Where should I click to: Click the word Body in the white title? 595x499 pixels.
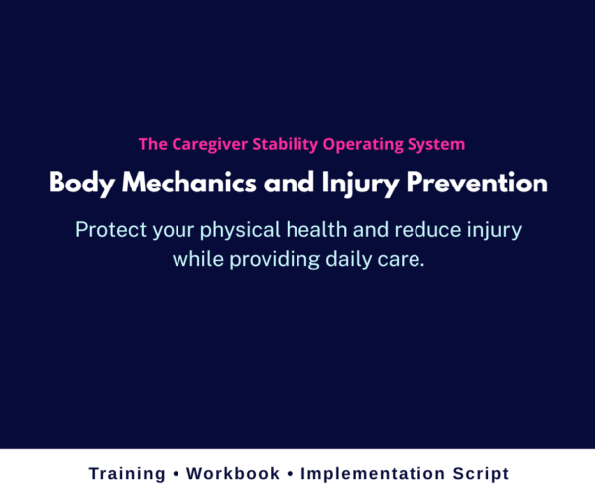tap(76, 185)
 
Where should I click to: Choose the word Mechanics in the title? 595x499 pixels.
tap(187, 185)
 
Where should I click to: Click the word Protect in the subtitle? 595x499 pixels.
tap(110, 230)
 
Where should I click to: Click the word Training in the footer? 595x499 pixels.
tap(126, 474)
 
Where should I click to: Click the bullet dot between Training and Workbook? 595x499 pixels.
tap(178, 474)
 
